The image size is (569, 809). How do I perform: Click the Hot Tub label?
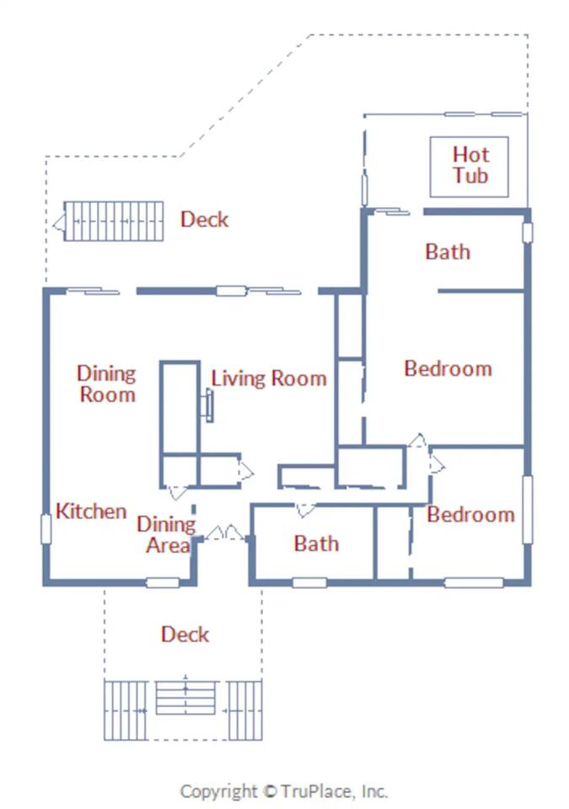tap(470, 165)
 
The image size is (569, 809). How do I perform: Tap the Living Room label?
tap(268, 378)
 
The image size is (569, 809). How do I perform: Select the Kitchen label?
tap(91, 512)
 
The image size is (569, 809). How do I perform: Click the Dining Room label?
tap(106, 383)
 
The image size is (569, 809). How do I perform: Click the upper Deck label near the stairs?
tap(204, 220)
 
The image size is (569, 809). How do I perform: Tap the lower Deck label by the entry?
tap(185, 635)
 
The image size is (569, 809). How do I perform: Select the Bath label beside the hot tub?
tap(448, 252)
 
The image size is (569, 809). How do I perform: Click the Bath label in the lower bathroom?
tap(316, 544)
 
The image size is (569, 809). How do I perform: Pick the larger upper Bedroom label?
tap(448, 369)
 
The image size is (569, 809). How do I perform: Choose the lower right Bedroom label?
tap(470, 515)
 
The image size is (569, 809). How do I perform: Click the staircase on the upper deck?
tap(112, 222)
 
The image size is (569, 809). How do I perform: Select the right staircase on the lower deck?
tap(245, 710)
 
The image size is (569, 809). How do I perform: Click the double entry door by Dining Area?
tap(224, 534)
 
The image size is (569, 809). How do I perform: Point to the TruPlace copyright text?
tap(284, 791)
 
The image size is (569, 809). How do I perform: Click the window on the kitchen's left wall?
tap(46, 528)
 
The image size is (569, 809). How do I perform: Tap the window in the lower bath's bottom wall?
tap(309, 582)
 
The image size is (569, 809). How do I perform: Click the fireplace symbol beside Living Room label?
tap(207, 407)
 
